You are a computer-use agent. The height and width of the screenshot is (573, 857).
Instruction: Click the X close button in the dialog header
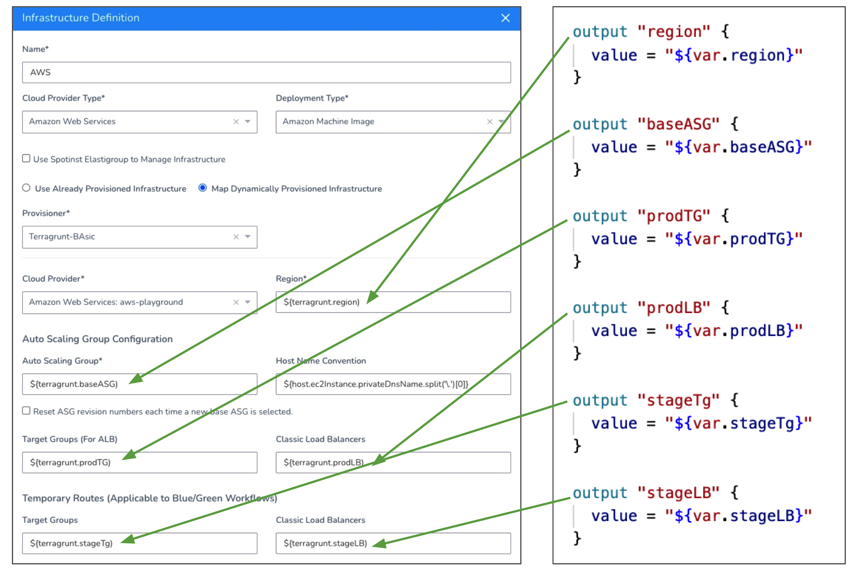click(505, 18)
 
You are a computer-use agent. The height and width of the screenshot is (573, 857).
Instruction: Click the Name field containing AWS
click(267, 73)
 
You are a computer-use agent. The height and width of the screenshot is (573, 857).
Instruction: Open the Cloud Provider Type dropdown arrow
click(248, 121)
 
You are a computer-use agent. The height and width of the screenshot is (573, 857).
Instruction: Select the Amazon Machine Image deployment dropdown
click(393, 122)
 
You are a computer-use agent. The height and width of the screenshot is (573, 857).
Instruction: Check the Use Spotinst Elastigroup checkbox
click(26, 158)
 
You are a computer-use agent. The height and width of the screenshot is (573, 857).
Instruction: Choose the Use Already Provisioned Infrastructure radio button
click(26, 188)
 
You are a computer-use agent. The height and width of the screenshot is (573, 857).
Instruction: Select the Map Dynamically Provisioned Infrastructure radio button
click(202, 188)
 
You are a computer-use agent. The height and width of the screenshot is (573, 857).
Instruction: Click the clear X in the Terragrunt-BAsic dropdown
click(236, 237)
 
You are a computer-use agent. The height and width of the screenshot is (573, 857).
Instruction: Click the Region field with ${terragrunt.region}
click(393, 302)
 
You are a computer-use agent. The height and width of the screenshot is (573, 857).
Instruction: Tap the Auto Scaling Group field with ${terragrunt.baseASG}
click(140, 384)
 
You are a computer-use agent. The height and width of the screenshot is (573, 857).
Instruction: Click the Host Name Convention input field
click(393, 384)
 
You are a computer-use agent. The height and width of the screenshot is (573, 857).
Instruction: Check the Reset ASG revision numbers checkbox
click(26, 411)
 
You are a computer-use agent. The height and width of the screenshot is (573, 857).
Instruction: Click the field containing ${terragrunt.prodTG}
click(140, 463)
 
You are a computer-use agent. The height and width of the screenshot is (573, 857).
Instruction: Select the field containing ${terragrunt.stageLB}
click(393, 543)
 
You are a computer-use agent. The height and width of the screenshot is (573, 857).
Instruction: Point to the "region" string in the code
click(673, 32)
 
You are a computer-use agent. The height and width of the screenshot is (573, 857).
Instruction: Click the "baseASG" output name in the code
click(678, 124)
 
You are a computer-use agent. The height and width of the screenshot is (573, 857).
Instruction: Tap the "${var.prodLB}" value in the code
click(733, 331)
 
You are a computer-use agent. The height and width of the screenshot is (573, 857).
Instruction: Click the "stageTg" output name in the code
click(678, 400)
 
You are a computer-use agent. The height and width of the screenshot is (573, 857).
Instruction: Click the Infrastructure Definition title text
click(81, 18)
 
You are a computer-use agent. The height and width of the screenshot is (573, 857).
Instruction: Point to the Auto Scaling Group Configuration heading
click(98, 339)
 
